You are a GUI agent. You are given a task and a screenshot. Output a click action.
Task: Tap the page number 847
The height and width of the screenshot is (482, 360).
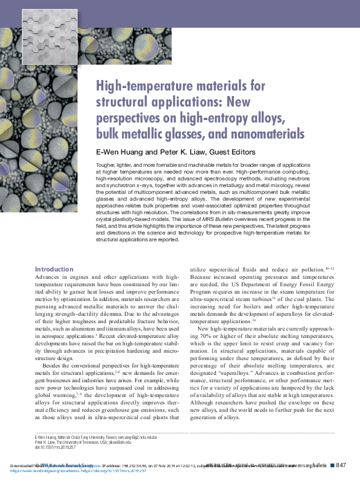point(342,465)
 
